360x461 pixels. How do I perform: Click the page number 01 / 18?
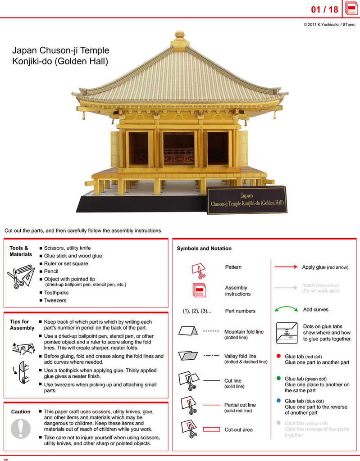(324, 9)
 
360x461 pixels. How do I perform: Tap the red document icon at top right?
(351, 9)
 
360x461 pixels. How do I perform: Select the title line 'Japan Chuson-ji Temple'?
(61, 50)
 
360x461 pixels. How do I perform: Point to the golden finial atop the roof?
(180, 34)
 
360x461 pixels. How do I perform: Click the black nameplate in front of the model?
(247, 199)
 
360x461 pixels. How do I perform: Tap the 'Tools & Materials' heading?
(21, 251)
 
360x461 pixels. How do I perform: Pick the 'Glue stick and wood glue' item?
(73, 256)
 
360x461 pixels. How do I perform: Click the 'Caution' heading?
(21, 411)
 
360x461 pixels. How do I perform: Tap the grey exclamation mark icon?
(20, 428)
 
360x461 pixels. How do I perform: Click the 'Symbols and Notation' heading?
(204, 249)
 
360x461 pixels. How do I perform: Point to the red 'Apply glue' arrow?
(286, 267)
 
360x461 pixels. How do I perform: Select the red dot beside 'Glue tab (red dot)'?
(278, 356)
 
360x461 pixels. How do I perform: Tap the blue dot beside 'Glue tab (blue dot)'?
(278, 401)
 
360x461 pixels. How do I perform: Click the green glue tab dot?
(278, 379)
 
